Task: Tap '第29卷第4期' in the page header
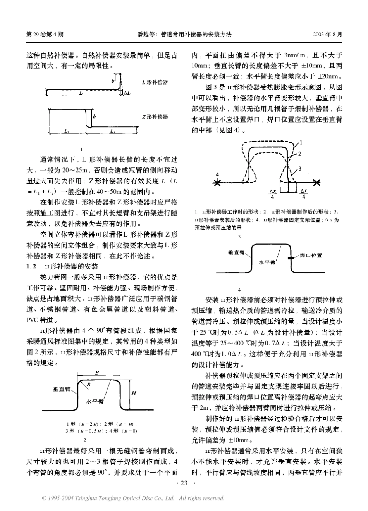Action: point(45,34)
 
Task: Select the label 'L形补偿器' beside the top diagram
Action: point(155,83)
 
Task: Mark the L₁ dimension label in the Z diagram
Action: point(65,132)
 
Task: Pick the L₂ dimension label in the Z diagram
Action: point(112,132)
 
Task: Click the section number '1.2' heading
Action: point(31,267)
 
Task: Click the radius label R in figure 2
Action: point(88,384)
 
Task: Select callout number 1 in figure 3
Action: point(301,142)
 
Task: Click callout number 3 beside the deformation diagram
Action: point(299,168)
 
